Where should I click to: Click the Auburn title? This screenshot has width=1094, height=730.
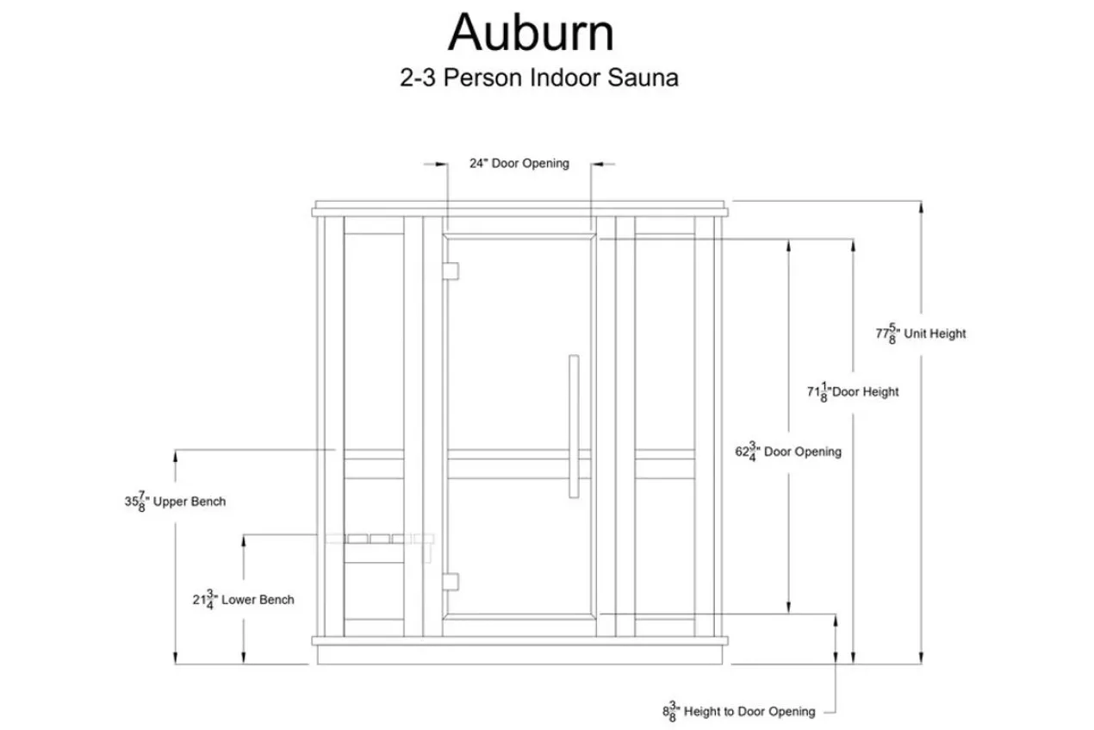(531, 33)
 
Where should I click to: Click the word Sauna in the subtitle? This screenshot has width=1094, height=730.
(643, 78)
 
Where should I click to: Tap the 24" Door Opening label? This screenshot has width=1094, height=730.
(519, 163)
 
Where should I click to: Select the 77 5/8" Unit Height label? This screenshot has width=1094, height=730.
(921, 334)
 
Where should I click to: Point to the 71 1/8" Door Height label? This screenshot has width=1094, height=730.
(853, 392)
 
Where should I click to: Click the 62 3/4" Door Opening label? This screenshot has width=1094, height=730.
(788, 452)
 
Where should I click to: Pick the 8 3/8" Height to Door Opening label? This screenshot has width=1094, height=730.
(739, 711)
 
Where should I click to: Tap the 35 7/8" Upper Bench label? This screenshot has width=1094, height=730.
(176, 502)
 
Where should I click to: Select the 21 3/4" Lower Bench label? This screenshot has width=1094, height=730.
(243, 600)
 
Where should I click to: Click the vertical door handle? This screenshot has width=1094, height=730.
(574, 427)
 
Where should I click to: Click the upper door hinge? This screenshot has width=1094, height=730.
(451, 271)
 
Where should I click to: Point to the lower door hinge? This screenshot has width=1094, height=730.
(451, 582)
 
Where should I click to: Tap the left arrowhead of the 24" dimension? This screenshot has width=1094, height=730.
(442, 164)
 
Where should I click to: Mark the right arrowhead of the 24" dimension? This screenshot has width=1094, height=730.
(597, 164)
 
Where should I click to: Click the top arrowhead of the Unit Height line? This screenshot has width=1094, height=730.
(921, 207)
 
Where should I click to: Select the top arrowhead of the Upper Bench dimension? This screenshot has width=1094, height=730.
(176, 456)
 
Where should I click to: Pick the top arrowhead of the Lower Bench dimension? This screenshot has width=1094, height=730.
(243, 541)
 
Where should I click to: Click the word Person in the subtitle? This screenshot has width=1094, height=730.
(482, 78)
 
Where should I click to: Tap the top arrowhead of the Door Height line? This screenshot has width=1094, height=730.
(853, 246)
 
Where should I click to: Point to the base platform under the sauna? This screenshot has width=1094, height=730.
(519, 655)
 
